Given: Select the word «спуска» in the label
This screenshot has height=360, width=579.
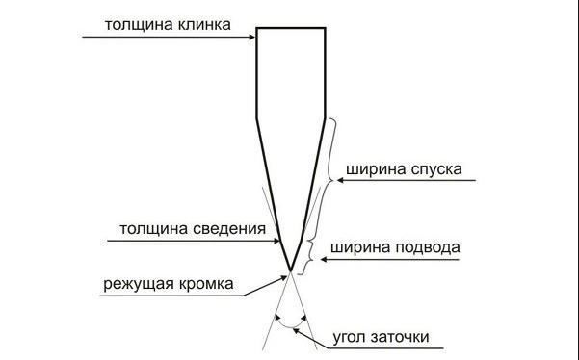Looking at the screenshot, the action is click(435, 170).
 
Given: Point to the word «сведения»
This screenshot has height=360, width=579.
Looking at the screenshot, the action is click(229, 229).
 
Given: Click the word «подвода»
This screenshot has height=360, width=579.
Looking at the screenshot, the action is click(428, 247).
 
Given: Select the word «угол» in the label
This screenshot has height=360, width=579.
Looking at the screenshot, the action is click(350, 338).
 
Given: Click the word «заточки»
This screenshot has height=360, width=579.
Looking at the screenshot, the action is click(400, 337).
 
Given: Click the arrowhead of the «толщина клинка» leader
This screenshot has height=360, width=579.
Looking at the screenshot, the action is click(252, 37).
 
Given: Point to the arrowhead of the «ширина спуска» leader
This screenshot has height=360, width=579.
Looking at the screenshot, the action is click(340, 180).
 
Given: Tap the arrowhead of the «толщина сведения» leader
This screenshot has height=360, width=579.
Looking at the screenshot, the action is click(276, 241).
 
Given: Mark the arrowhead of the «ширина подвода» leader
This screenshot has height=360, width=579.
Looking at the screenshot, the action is click(324, 260).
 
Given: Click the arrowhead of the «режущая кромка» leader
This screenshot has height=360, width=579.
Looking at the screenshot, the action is click(283, 278).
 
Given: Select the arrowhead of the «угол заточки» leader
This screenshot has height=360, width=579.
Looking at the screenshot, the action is click(297, 331).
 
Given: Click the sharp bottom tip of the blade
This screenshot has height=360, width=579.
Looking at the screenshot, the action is click(291, 271).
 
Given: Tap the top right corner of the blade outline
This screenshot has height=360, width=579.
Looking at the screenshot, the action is click(325, 28).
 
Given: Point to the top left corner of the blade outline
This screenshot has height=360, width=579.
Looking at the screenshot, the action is click(257, 28).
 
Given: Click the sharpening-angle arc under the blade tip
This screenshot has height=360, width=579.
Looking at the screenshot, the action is click(291, 327).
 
